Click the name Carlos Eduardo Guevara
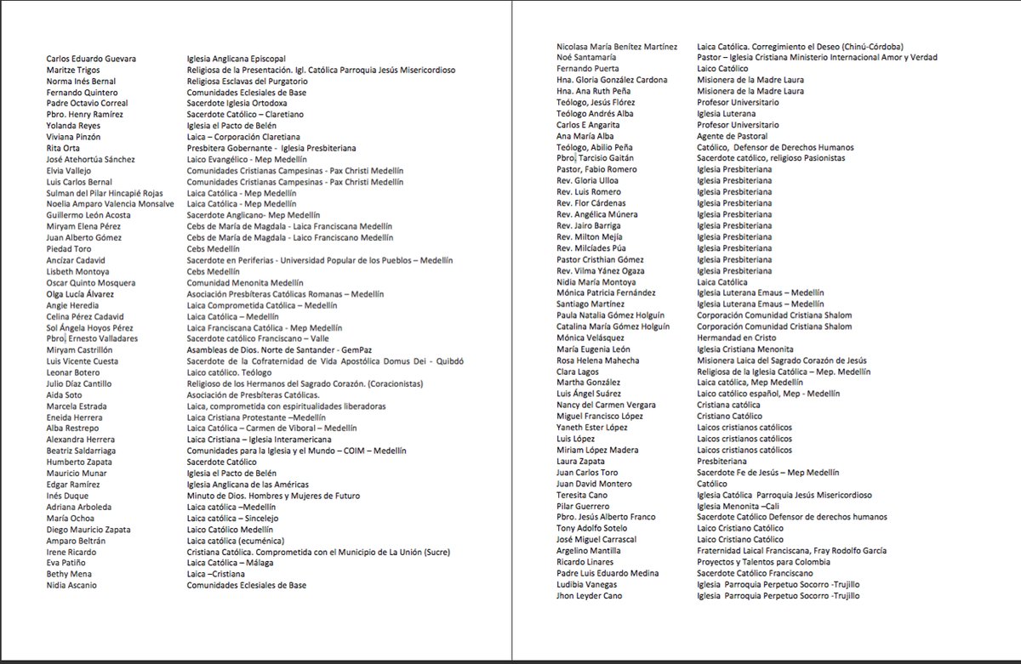click(90, 59)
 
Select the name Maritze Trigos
click(74, 70)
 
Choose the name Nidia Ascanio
click(71, 585)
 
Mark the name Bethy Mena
click(68, 574)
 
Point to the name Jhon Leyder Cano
click(589, 595)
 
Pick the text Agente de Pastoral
click(732, 136)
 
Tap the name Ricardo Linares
click(585, 562)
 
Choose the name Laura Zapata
click(581, 461)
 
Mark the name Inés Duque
click(66, 496)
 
